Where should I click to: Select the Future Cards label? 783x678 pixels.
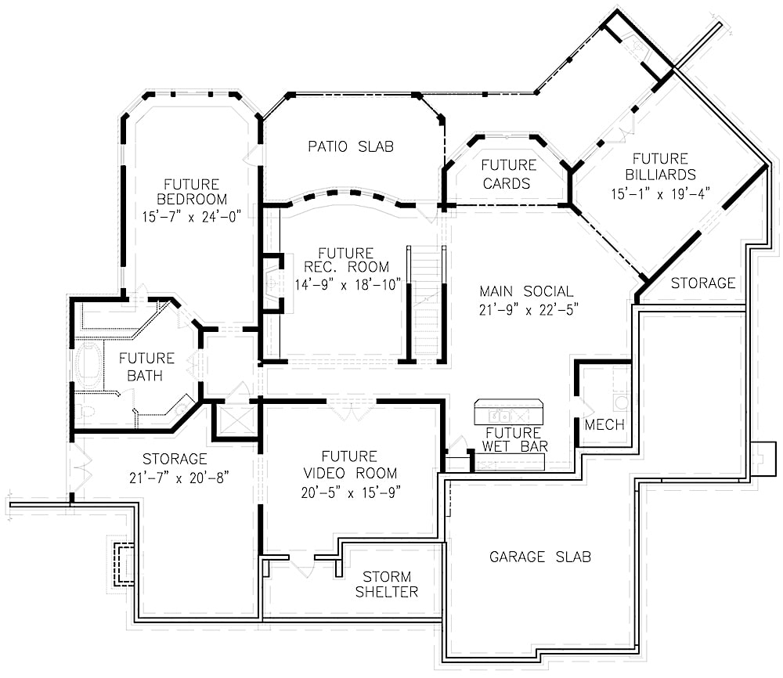click(508, 174)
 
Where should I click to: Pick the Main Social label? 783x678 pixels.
click(526, 291)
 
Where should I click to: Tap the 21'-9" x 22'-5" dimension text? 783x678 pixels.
click(526, 310)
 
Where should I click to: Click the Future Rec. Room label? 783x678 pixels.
click(345, 260)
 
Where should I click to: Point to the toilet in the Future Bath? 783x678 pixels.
click(87, 410)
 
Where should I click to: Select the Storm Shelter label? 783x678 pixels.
click(386, 584)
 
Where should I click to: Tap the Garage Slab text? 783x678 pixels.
click(539, 557)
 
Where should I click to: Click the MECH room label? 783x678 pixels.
click(604, 425)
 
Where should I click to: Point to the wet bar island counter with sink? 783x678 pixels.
click(508, 412)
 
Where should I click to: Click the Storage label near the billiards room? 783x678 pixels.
click(702, 283)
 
